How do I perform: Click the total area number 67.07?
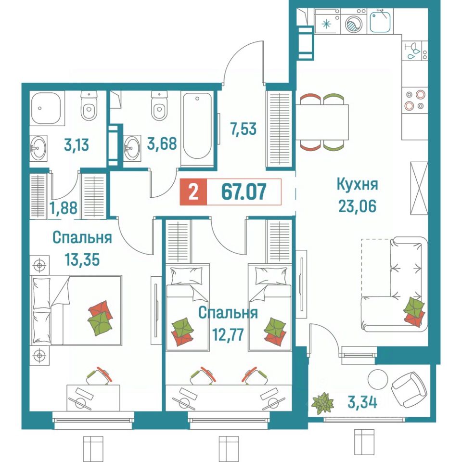point(244,192)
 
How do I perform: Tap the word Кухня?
point(357,185)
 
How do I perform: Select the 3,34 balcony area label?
point(362,402)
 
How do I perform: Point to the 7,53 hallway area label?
point(244,129)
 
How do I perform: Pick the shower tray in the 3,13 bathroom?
point(46,108)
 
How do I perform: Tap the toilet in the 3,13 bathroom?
point(89,105)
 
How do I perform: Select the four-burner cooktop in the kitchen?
point(414,100)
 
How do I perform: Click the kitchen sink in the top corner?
point(380,21)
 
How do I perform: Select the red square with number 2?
point(193,192)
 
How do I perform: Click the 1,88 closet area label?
point(64,207)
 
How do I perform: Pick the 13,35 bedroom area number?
point(82,259)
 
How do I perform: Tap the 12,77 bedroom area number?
point(228,335)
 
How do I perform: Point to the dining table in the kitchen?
point(322,122)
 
